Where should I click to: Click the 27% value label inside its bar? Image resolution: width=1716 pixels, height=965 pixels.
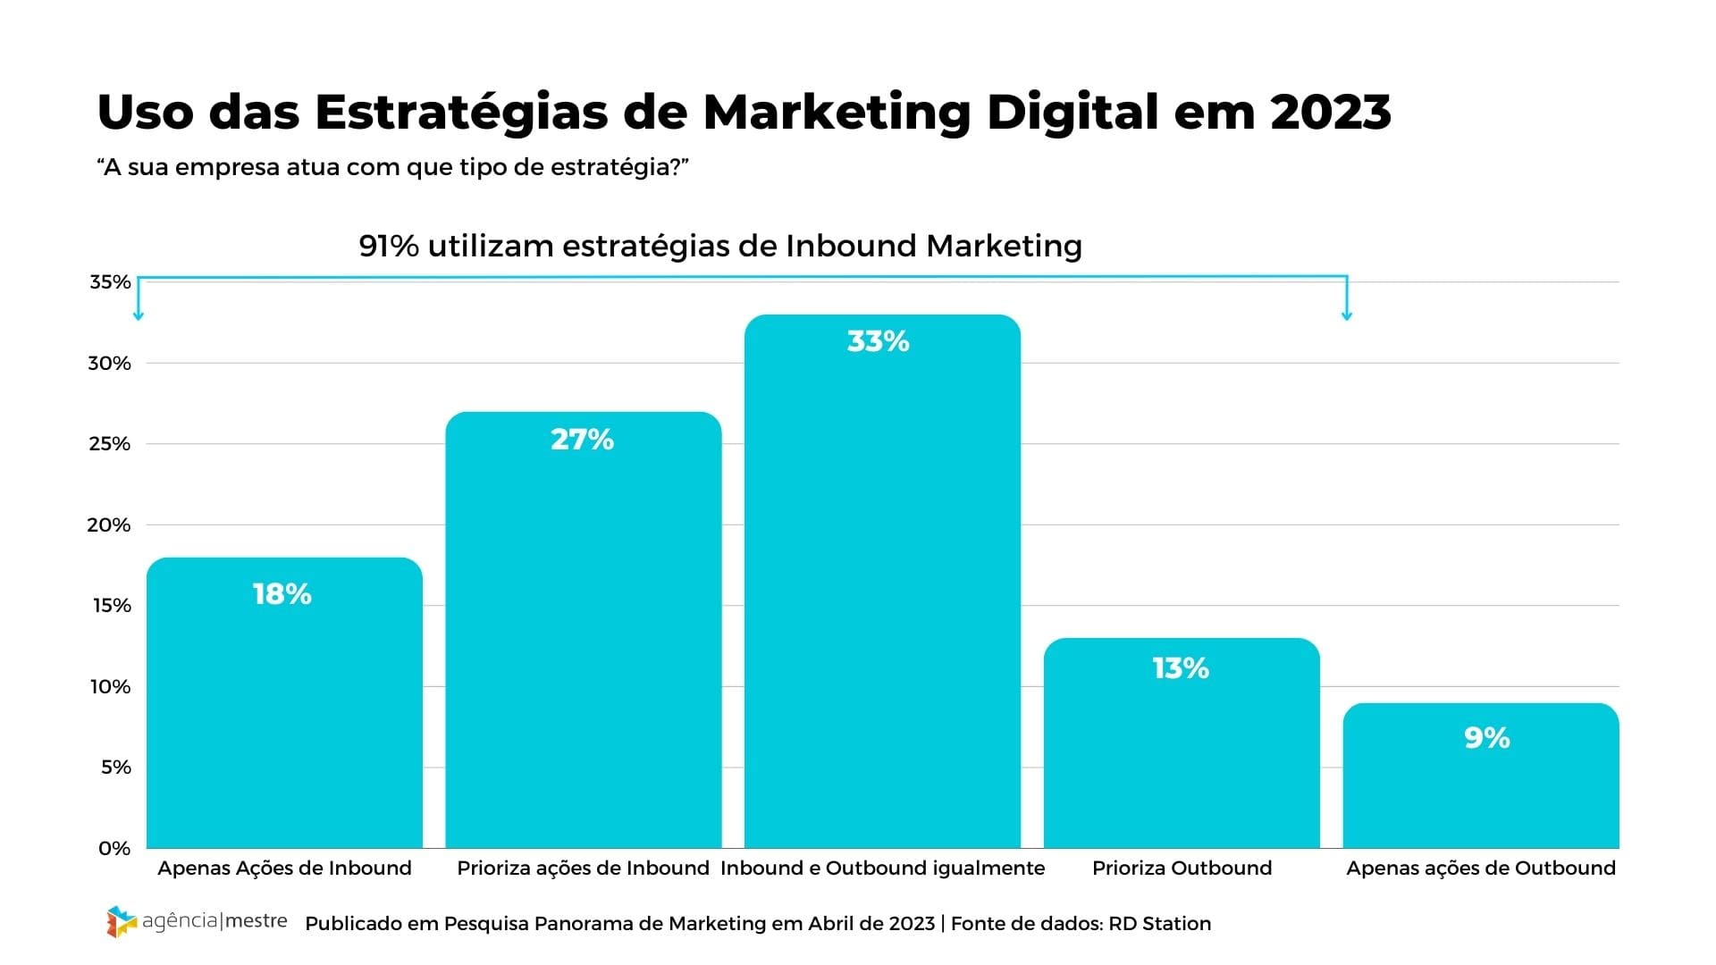[x=582, y=440]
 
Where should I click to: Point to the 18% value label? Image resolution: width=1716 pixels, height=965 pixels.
[x=282, y=594]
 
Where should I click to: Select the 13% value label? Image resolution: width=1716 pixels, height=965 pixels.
[x=1181, y=668]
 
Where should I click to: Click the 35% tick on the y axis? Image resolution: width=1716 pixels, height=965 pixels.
[x=110, y=282]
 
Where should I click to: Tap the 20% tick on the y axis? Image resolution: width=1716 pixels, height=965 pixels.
[x=109, y=525]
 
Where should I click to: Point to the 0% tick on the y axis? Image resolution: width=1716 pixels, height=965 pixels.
[x=114, y=849]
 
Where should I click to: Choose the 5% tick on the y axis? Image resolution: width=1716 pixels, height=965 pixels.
[x=115, y=768]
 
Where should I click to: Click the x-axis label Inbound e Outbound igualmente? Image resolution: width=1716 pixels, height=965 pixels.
[x=882, y=868]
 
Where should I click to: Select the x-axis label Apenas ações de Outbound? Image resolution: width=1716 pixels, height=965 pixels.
[x=1481, y=868]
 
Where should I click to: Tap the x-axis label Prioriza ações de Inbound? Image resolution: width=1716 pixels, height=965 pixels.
[x=583, y=868]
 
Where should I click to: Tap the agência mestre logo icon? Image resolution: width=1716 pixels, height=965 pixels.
[x=122, y=921]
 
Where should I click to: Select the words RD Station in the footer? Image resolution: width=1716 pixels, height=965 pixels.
[x=1159, y=924]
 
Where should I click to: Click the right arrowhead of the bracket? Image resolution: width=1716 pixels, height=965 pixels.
[x=1347, y=315]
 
